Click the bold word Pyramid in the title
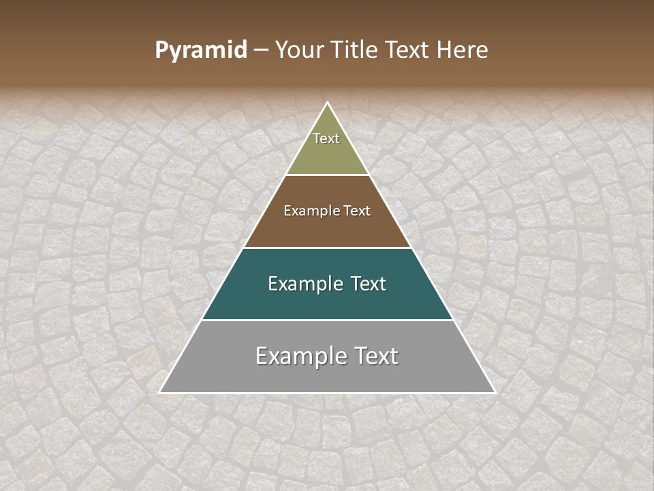pos(201,50)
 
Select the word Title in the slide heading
pos(358,50)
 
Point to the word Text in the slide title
pos(409,50)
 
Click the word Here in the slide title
pos(463,50)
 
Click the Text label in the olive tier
pos(326,138)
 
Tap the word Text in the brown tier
pos(357,211)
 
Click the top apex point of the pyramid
pos(328,103)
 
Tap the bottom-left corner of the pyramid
pos(160,393)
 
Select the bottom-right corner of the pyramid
pos(495,393)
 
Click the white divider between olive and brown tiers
pos(328,175)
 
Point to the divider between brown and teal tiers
pos(328,248)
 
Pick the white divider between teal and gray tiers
pos(328,320)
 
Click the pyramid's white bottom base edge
pos(328,393)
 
